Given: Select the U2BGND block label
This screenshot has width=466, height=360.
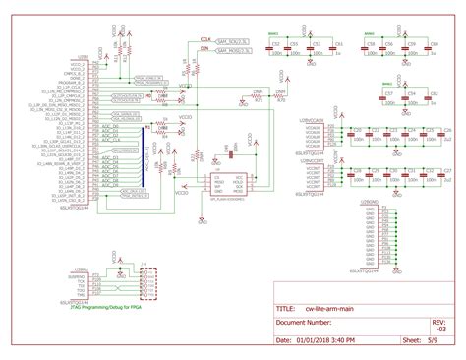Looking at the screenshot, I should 371,202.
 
